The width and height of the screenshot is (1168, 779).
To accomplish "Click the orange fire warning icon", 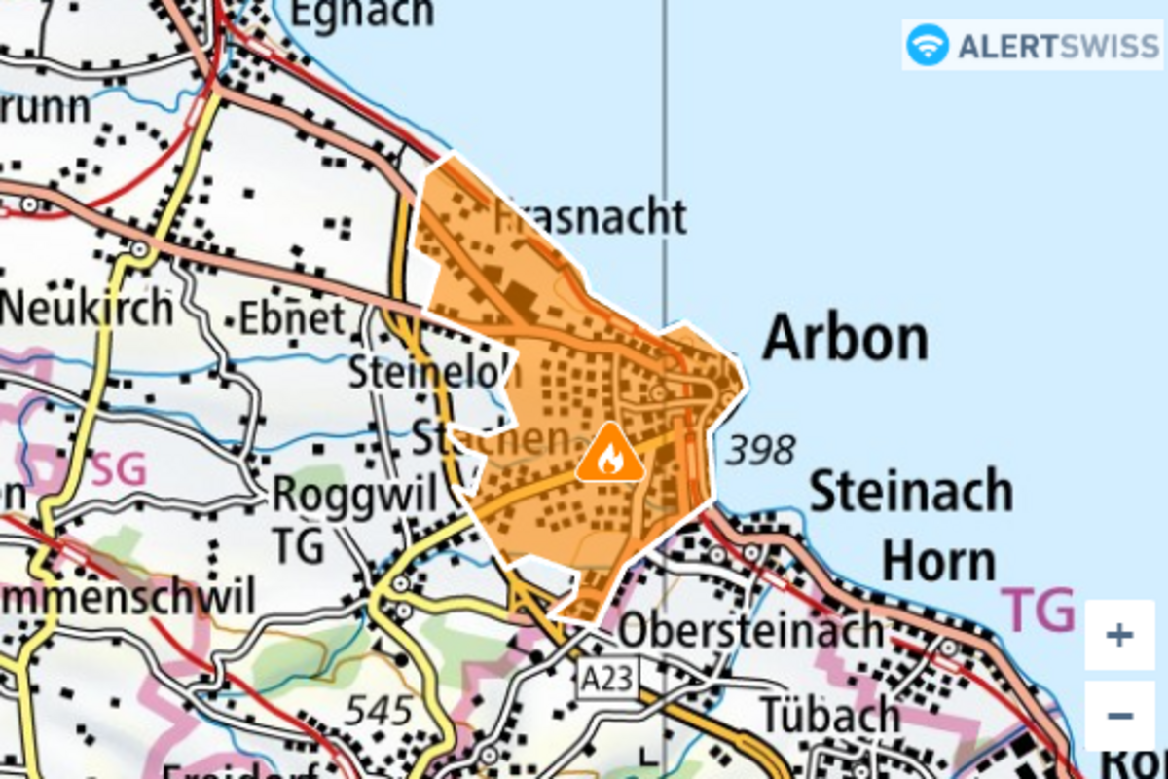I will click(610, 453).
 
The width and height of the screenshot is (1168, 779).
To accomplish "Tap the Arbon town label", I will click(845, 339).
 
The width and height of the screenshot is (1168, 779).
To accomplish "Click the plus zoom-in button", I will click(1119, 636).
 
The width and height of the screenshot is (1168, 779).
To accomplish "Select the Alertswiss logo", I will click(1032, 45).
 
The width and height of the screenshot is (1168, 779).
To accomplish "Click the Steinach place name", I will click(911, 491).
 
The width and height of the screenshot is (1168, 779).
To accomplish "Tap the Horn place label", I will click(939, 562).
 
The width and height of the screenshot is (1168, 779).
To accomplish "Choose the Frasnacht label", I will click(590, 216).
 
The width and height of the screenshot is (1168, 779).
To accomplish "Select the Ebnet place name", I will click(292, 318).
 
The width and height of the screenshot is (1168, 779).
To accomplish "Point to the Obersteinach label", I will click(750, 631).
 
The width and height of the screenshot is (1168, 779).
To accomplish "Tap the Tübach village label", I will click(829, 716).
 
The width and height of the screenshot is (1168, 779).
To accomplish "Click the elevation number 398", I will click(761, 450).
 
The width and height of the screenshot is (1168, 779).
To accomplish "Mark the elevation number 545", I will click(380, 711).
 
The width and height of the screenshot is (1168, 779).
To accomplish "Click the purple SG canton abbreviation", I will click(119, 470).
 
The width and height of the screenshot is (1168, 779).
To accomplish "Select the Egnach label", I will click(362, 14).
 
